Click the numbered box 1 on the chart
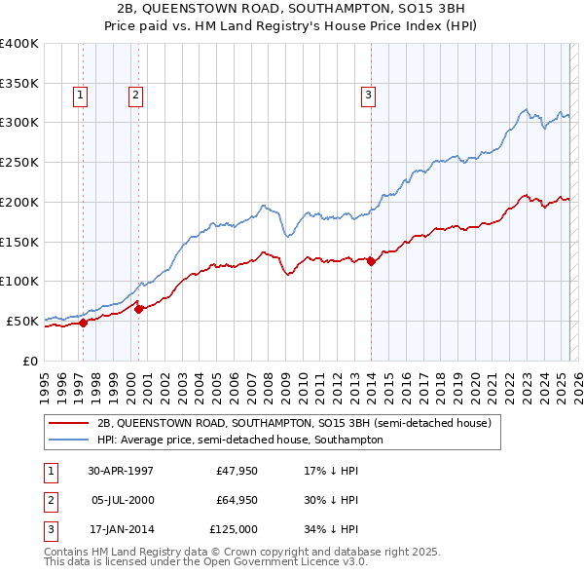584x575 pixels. (x=79, y=95)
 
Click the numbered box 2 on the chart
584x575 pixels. (x=134, y=95)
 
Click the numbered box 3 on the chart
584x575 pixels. (x=369, y=95)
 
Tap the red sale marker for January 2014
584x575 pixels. (x=371, y=260)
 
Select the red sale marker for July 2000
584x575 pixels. (x=138, y=309)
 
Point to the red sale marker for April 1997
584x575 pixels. (x=84, y=323)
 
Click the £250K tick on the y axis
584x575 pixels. (x=19, y=162)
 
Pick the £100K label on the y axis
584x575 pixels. (x=19, y=281)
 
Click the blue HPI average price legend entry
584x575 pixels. (x=240, y=440)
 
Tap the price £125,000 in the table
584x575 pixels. (x=235, y=529)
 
